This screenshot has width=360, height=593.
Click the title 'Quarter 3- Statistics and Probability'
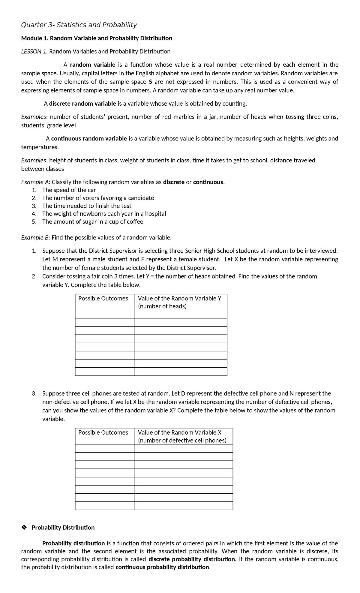coord(79,25)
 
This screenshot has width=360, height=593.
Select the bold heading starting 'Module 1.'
coord(96,38)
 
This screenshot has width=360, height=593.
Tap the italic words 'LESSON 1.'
coord(34,51)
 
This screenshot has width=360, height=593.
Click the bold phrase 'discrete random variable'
coord(82,104)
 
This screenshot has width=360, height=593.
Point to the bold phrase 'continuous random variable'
coord(89,138)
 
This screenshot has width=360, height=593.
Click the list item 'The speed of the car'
coord(69,190)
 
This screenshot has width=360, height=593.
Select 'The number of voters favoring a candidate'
coord(98,198)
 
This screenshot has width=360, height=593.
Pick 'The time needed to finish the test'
coord(87,206)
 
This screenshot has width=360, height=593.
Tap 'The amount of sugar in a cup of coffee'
coord(93,222)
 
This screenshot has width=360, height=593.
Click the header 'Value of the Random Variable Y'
coord(179,298)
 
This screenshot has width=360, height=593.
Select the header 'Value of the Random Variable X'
coord(179,432)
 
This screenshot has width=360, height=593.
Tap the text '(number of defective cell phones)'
coord(182,440)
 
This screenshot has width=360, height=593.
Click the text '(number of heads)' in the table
coord(162,306)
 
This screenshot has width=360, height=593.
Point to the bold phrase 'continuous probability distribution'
coord(162,567)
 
